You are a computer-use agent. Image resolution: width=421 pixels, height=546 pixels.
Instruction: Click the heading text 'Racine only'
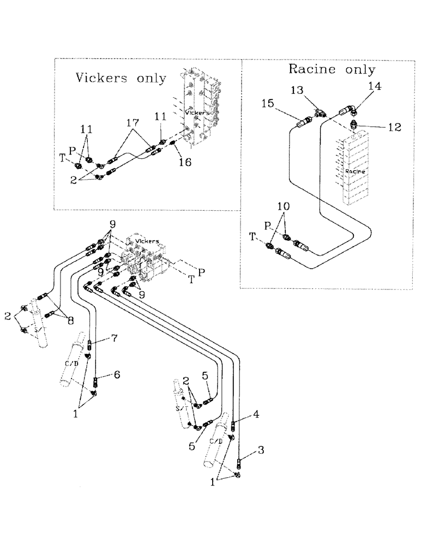332,69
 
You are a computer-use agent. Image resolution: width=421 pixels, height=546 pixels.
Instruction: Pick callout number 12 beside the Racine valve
395,127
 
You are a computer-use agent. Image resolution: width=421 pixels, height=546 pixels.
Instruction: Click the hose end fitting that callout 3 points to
239,466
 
